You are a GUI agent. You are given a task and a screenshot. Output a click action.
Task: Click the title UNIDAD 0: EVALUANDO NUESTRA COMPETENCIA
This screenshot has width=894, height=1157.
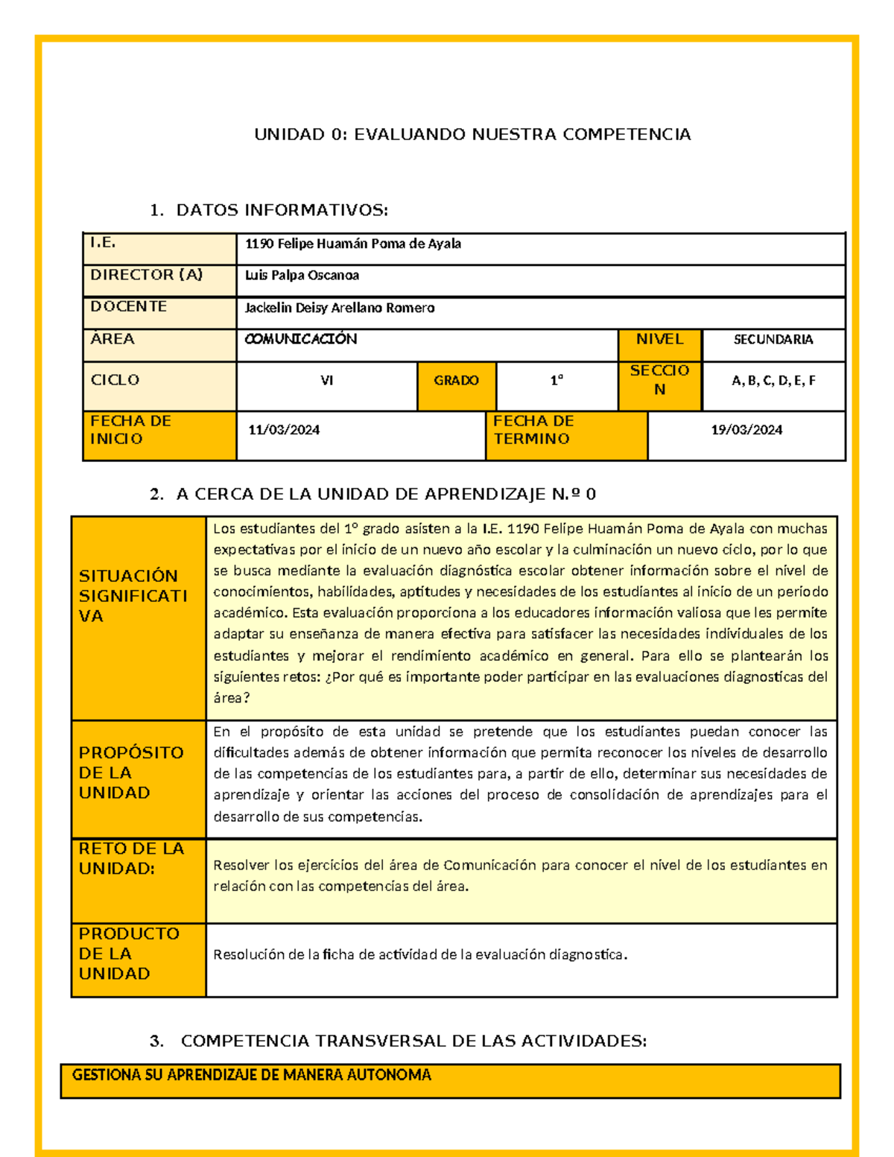click(x=472, y=135)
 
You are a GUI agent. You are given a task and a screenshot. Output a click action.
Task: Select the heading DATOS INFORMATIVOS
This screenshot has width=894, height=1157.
click(x=282, y=210)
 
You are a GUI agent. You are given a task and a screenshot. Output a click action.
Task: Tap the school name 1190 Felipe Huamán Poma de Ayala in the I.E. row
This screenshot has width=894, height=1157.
click(x=353, y=244)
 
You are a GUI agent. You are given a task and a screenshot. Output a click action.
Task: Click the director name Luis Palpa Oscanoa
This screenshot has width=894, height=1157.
click(x=302, y=276)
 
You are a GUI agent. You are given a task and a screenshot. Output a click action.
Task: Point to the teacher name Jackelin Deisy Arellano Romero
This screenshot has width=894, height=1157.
click(x=340, y=308)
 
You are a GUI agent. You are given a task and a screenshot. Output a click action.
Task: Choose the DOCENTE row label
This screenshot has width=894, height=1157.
click(x=128, y=306)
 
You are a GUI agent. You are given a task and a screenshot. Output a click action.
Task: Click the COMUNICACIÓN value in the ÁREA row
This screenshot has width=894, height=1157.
click(x=301, y=339)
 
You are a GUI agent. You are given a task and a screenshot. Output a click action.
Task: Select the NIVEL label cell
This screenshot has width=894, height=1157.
click(x=659, y=340)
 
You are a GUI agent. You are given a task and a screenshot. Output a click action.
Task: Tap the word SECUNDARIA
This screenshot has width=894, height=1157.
click(x=773, y=340)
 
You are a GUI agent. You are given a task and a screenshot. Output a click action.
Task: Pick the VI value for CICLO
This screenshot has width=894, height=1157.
click(x=326, y=381)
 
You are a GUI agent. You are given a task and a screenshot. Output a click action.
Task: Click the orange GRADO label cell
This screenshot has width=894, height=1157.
click(x=456, y=381)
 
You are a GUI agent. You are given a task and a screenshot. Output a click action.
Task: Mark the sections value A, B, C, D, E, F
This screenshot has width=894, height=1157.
click(x=773, y=381)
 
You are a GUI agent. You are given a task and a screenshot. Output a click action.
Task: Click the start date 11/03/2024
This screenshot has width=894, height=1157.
click(x=284, y=430)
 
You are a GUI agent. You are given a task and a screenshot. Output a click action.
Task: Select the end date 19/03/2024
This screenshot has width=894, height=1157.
click(x=746, y=430)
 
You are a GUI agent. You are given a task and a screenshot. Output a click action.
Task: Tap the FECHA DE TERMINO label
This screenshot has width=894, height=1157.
click(x=533, y=430)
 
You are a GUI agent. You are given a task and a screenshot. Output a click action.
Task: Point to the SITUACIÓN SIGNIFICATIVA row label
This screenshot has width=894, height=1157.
click(x=133, y=596)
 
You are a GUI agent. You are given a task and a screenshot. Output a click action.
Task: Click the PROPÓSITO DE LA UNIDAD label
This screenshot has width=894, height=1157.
click(x=131, y=773)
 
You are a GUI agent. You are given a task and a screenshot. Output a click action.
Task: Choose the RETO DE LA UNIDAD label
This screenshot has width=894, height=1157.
click(x=131, y=858)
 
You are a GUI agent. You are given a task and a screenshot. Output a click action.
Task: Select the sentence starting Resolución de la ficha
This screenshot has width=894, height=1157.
click(x=420, y=954)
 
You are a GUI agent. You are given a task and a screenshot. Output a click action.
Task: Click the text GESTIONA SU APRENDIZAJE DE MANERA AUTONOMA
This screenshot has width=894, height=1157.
click(x=252, y=1075)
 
